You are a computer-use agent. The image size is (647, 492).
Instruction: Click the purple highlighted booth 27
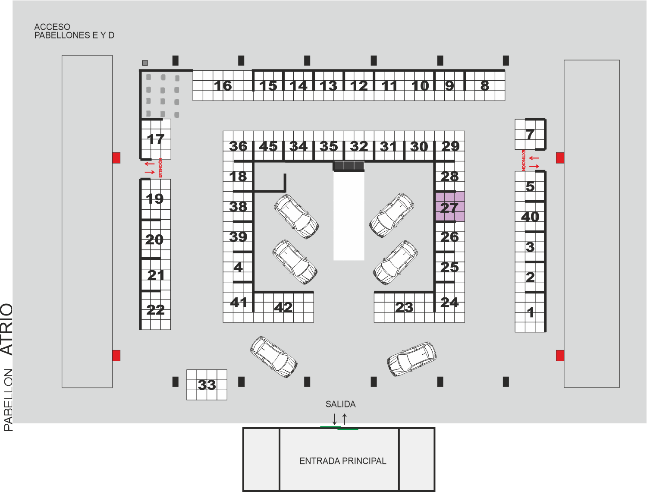pos(450,207)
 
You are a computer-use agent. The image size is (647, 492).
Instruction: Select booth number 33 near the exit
pos(207,385)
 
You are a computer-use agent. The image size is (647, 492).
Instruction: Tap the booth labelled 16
pos(223,86)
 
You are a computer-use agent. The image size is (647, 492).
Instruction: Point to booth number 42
pos(283,307)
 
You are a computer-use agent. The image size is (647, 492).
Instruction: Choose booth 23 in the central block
pos(404,307)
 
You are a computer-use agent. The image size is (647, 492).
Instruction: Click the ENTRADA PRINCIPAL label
pos(343,461)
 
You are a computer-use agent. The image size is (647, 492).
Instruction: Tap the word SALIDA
pos(340,404)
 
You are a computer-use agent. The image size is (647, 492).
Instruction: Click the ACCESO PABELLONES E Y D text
pos(74,31)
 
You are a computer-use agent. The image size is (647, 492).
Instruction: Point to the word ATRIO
pos(6,329)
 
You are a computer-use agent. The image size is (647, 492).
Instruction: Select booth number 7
pos(530,134)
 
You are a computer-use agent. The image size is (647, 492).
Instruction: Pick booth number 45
pos(268,146)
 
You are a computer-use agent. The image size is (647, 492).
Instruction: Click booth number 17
pos(156,139)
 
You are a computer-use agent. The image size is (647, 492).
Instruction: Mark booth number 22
pos(155,310)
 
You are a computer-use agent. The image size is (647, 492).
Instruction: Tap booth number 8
pos(484,86)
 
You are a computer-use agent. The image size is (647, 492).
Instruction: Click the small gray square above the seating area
pos(145,63)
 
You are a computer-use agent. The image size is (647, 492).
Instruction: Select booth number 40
pos(530,217)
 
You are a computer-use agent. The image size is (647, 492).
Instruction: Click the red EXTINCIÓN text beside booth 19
pos(160,168)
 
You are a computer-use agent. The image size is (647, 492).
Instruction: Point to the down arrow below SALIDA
pos(335,419)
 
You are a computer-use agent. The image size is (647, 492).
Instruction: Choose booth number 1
pos(530,312)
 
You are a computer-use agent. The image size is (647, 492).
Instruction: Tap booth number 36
pos(238,146)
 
